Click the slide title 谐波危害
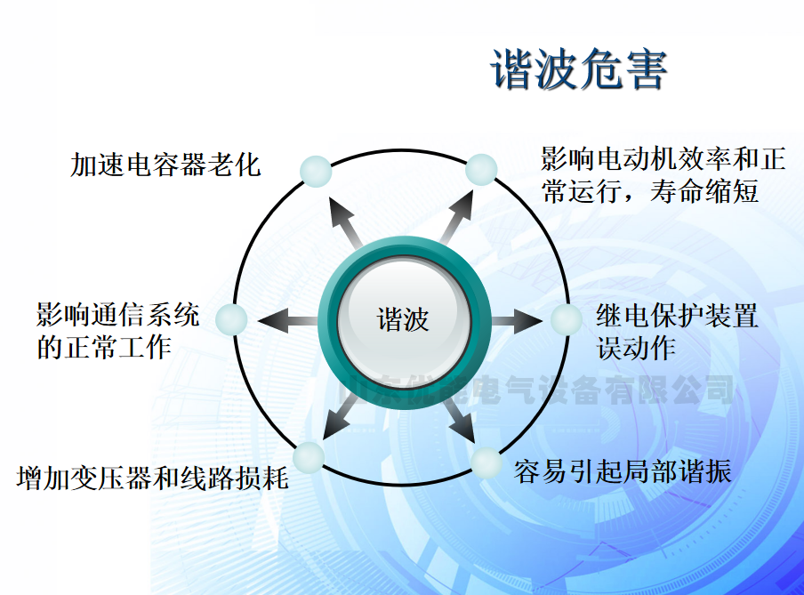(579, 70)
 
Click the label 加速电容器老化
(165, 165)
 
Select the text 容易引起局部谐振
(623, 471)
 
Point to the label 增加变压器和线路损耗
(152, 478)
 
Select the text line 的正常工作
(103, 347)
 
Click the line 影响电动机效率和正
(663, 160)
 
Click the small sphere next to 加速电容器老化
(314, 171)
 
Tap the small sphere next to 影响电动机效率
(481, 169)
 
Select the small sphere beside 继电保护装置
(567, 320)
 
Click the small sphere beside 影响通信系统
(232, 319)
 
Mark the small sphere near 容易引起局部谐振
(486, 462)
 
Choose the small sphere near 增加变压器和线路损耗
(309, 456)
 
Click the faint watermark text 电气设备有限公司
(587, 390)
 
